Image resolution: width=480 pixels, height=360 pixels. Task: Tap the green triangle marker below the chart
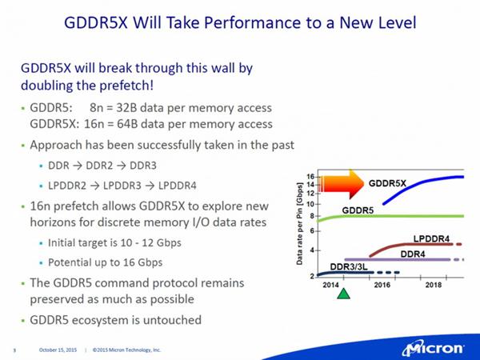click(343, 294)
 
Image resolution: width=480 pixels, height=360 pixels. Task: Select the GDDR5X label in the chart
click(388, 183)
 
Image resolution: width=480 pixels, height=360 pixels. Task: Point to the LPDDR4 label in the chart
click(432, 238)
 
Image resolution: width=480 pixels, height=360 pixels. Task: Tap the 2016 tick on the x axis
click(381, 284)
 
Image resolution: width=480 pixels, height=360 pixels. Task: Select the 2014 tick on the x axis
click(330, 284)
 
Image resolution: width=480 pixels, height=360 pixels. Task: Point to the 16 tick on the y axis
click(310, 175)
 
